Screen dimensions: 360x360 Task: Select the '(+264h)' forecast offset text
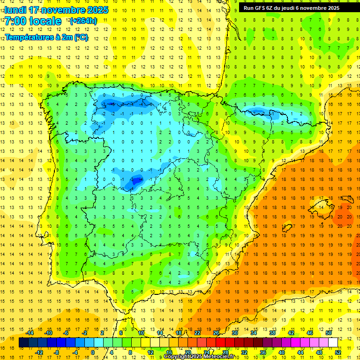(x=83, y=21)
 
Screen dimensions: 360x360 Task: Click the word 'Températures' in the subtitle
(x=30, y=37)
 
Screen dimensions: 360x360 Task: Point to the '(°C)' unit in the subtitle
(x=81, y=37)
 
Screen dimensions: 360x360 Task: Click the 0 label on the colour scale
(x=92, y=352)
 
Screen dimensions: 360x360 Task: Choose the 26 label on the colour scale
(x=216, y=333)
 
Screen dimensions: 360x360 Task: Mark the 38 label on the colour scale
(x=272, y=333)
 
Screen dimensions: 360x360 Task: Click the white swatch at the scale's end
(x=333, y=343)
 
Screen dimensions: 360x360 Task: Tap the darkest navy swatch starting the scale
(x=24, y=343)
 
